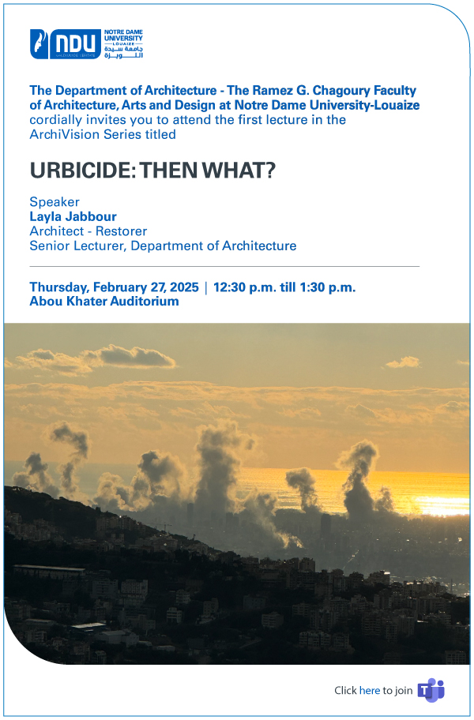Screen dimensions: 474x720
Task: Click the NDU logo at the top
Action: [86, 44]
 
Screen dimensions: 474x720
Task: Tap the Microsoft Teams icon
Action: [431, 690]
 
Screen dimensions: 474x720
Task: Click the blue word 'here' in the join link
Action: [369, 690]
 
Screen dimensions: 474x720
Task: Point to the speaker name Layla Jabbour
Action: [73, 216]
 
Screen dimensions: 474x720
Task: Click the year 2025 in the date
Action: [184, 287]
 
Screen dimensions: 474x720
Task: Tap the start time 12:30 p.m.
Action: [244, 288]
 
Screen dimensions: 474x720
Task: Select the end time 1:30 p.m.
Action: [328, 288]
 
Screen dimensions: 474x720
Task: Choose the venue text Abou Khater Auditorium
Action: [104, 302]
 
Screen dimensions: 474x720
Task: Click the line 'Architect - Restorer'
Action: [88, 231]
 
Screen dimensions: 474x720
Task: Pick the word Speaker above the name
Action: [55, 202]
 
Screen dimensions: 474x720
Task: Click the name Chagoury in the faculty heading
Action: [341, 91]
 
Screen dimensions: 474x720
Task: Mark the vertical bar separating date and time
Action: [206, 288]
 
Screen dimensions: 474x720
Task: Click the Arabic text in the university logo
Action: [123, 52]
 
